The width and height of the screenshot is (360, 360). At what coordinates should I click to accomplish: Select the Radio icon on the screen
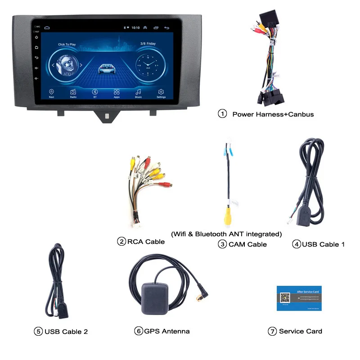[x=73, y=92]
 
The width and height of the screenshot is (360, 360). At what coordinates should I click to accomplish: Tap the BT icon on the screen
[x=95, y=92]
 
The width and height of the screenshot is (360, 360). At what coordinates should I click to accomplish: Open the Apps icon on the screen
[x=117, y=92]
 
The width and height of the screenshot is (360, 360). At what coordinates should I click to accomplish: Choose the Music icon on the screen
[x=139, y=92]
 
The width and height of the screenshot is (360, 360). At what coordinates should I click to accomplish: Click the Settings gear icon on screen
[x=161, y=92]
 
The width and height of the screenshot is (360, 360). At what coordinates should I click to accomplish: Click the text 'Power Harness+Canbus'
[x=273, y=114]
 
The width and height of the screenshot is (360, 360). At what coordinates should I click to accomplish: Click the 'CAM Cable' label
[x=247, y=244]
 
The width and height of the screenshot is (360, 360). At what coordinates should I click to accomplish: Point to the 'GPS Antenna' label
[x=166, y=331]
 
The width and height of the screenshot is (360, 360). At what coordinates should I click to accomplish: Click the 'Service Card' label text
[x=300, y=331]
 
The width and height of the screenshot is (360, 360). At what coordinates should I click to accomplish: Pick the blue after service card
[x=296, y=297]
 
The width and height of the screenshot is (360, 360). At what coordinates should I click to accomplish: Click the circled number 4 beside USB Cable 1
[x=296, y=244]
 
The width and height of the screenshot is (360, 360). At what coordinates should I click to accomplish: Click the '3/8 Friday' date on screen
[x=148, y=44]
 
